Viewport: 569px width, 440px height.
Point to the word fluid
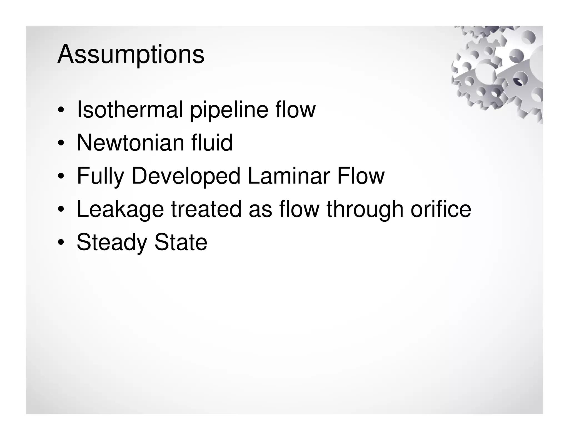212,142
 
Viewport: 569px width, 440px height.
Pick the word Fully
100,176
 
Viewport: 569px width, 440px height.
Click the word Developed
186,176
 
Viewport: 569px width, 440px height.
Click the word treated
206,209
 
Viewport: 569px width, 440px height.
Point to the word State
181,242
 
